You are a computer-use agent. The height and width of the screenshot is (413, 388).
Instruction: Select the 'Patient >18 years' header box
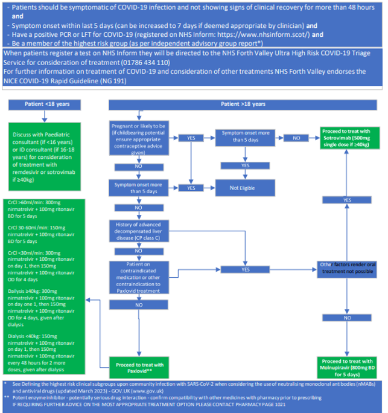click(x=243, y=104)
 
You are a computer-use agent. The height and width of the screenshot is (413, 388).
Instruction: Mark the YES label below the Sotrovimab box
click(x=348, y=200)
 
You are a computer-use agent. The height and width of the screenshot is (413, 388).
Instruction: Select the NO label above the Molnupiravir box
click(x=348, y=317)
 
